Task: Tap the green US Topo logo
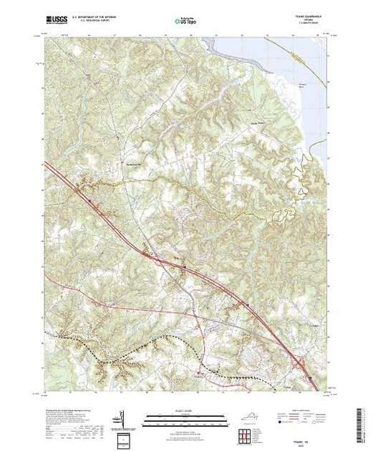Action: [x=185, y=16]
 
